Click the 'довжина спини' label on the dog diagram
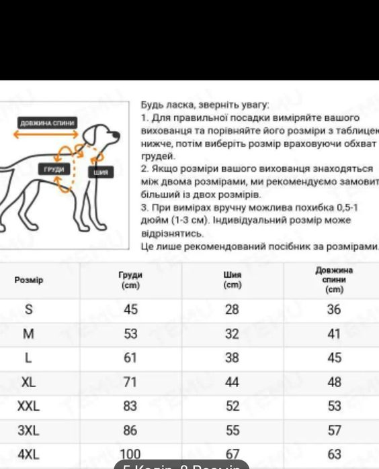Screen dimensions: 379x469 pyautogui.click(x=47, y=123)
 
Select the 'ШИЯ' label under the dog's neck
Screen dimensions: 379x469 pyautogui.click(x=101, y=172)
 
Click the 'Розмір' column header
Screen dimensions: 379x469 pyautogui.click(x=29, y=280)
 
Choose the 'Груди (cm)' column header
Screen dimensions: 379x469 pyautogui.click(x=130, y=280)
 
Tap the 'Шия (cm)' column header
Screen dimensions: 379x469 pyautogui.click(x=232, y=280)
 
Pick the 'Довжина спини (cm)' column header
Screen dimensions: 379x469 pyautogui.click(x=334, y=280)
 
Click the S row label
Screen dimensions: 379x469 pyautogui.click(x=28, y=310)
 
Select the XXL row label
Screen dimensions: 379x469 pyautogui.click(x=28, y=406)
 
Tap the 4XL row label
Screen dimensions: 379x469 pyautogui.click(x=28, y=454)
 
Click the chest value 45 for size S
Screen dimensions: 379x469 pyautogui.click(x=130, y=310)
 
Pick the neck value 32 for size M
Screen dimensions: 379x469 pyautogui.click(x=232, y=333)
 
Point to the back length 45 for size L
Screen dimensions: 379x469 pyautogui.click(x=334, y=358)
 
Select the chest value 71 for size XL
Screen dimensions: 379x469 pyautogui.click(x=130, y=382)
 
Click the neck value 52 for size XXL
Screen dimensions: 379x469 pyautogui.click(x=232, y=406)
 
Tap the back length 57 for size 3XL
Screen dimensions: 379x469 pyautogui.click(x=334, y=430)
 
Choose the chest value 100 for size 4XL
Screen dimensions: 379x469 pyautogui.click(x=130, y=454)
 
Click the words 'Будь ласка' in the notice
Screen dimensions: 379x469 pyautogui.click(x=162, y=105)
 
